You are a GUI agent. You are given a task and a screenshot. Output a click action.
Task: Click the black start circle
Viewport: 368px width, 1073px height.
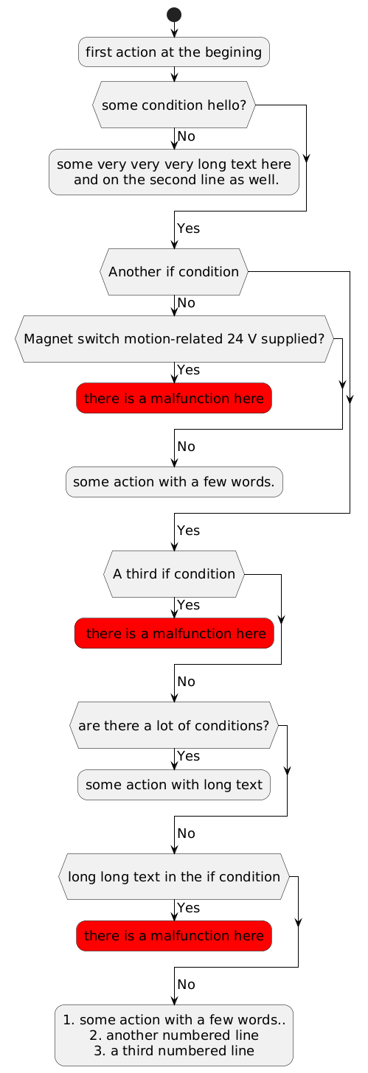174,14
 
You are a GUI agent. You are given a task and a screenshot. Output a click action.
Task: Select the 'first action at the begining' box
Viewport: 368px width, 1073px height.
174,52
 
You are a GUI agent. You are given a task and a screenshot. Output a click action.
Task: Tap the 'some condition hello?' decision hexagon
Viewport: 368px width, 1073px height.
174,105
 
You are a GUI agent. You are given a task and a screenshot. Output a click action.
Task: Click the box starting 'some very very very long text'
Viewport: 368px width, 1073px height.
174,172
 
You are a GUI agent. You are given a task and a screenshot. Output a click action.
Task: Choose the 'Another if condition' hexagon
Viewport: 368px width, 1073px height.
174,271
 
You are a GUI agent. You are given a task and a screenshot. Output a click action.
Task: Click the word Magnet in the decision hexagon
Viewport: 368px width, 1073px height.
46,339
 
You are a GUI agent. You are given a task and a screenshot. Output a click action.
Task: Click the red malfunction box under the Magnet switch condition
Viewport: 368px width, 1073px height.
174,399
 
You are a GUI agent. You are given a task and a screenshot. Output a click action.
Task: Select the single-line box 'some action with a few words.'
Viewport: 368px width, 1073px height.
174,482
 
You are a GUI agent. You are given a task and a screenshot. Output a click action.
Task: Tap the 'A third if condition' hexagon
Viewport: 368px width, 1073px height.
174,573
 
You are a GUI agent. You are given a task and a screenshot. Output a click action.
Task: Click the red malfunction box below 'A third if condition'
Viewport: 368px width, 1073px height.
174,633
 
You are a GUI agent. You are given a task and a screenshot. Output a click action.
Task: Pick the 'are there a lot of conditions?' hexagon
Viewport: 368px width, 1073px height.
174,725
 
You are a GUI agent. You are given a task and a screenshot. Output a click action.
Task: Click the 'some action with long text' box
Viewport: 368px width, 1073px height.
174,785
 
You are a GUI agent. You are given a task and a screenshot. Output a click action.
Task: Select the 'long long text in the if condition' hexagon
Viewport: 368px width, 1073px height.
174,877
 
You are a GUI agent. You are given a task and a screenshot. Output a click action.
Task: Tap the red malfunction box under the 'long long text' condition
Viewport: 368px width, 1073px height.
174,936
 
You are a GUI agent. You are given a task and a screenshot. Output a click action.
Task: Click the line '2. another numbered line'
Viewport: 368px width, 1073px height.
174,1035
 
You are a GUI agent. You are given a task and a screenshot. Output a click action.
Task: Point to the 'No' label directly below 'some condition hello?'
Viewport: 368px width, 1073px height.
186,136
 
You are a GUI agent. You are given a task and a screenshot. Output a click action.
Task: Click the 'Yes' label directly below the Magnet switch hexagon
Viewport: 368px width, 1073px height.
188,369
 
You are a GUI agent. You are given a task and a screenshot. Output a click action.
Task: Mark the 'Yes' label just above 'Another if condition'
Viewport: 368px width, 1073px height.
188,229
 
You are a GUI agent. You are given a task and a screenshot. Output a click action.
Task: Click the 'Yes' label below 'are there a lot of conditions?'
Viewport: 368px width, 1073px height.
188,756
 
